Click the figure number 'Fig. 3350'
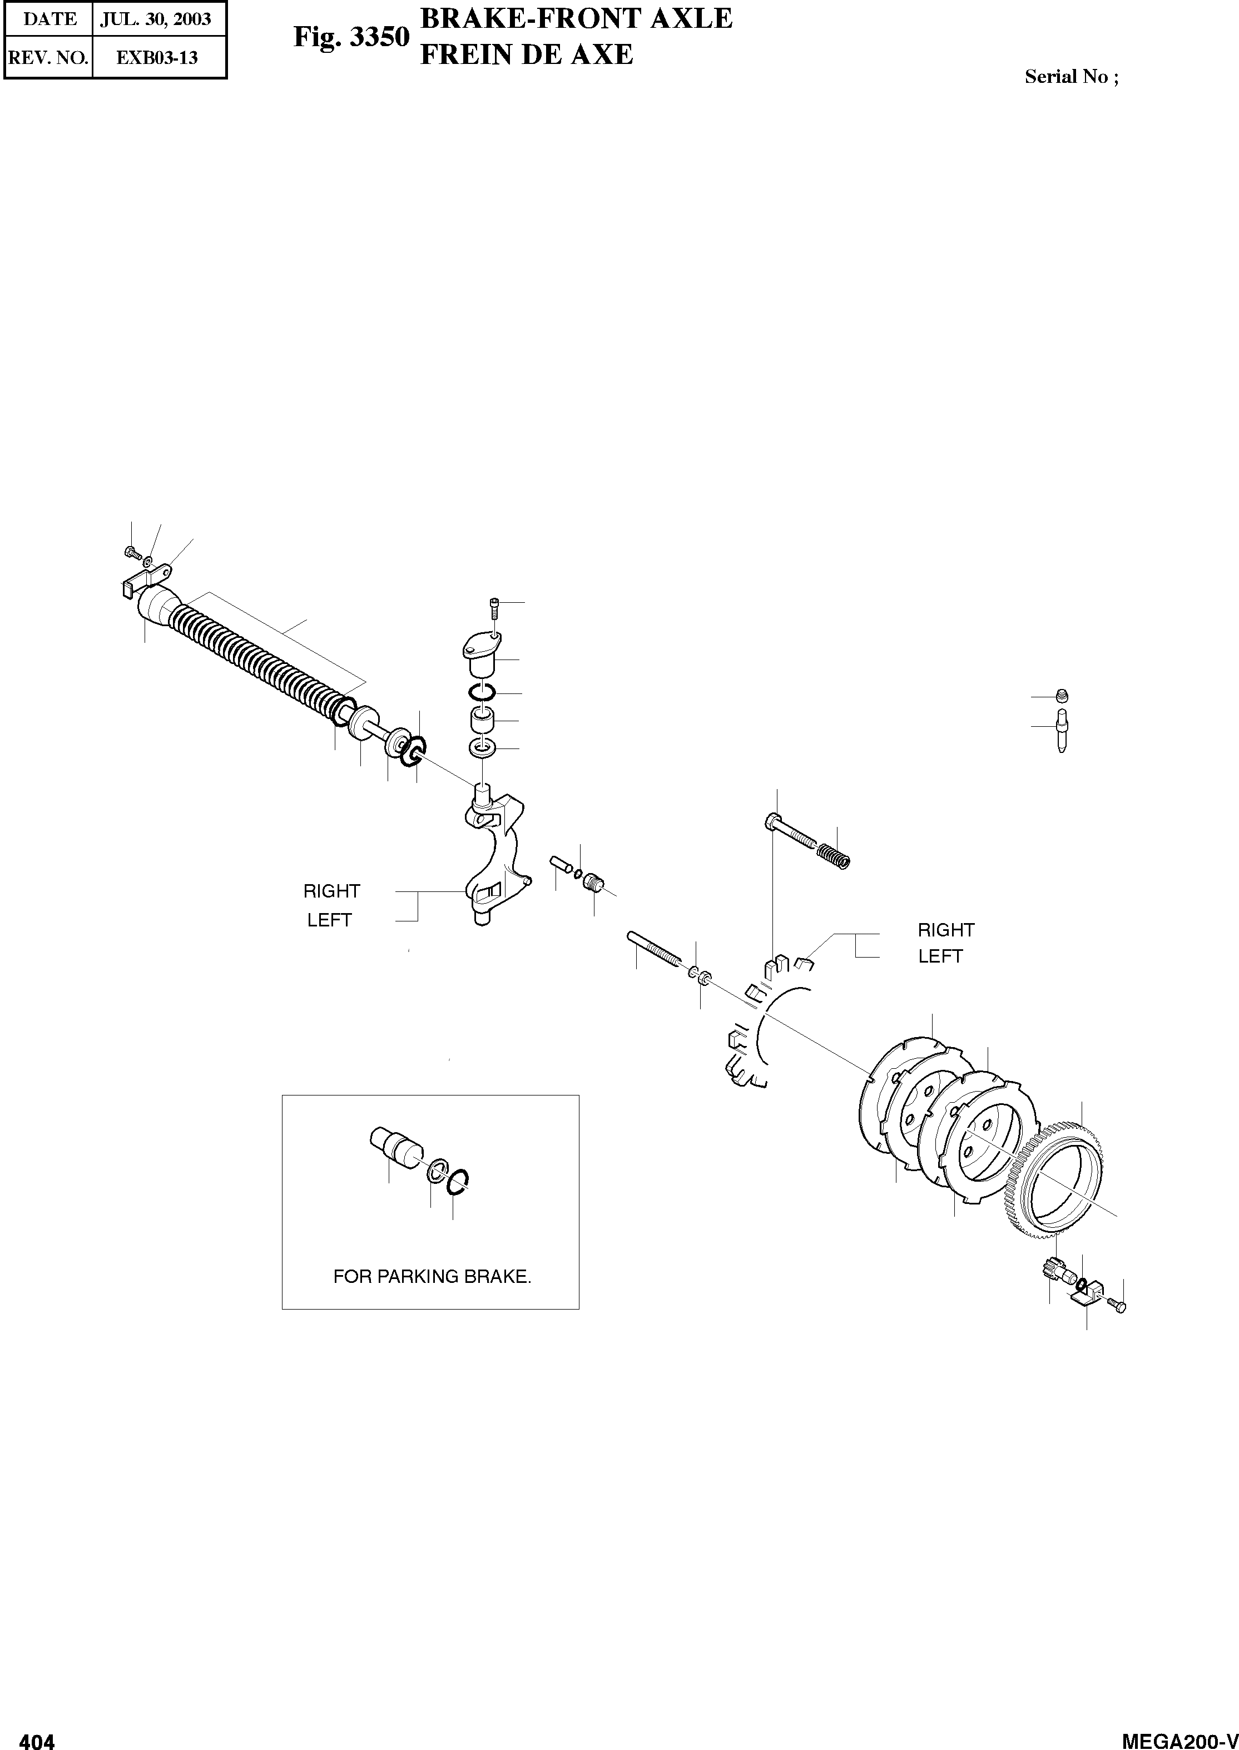pyautogui.click(x=351, y=37)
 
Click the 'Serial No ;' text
pyautogui.click(x=1071, y=77)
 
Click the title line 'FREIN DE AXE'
pyautogui.click(x=527, y=55)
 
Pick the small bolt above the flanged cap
pyautogui.click(x=494, y=608)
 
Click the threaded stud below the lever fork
pyautogui.click(x=653, y=948)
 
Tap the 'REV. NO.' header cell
pyautogui.click(x=47, y=58)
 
